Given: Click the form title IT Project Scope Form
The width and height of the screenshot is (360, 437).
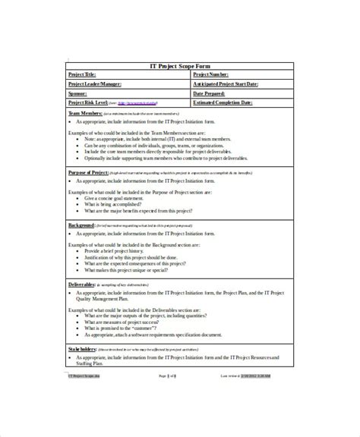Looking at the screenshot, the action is [x=179, y=65].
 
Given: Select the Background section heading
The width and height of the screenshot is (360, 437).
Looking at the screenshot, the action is [x=82, y=226].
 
